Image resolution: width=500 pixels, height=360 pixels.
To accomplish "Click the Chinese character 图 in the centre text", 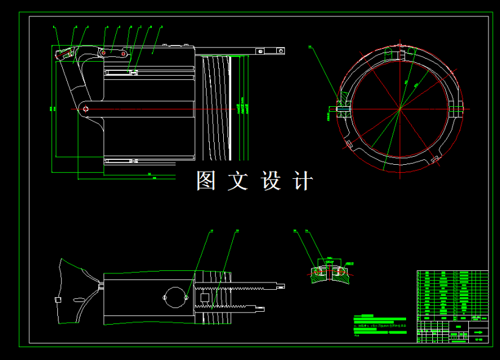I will click(205, 181).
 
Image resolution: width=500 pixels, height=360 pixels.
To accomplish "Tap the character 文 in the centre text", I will click(238, 181).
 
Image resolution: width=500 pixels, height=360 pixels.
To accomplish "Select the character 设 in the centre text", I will click(271, 181).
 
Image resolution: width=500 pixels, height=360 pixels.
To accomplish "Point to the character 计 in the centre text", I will click(303, 181).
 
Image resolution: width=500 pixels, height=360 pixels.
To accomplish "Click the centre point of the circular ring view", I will click(401, 109).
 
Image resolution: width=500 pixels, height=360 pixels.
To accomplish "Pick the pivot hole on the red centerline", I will click(86, 109).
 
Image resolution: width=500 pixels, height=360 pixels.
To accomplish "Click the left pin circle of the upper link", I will click(104, 53).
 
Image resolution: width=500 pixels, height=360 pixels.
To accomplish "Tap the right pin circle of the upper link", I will click(124, 54).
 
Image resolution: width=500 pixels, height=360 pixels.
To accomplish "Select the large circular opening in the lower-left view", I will click(176, 297).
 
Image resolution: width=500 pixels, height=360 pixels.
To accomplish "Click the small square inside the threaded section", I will click(205, 297).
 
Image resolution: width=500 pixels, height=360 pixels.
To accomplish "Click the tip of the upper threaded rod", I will click(281, 285).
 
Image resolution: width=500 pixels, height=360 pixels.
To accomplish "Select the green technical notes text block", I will click(379, 324).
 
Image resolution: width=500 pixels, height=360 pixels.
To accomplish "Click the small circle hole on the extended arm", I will click(260, 51).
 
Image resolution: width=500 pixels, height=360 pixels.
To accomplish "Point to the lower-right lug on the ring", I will click(435, 159).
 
